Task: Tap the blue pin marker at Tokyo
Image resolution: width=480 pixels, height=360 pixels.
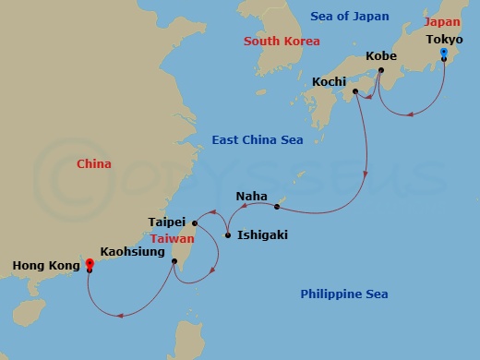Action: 443,54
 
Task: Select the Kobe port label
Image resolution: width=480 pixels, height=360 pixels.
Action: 381,55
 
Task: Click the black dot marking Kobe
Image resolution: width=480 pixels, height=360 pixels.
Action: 380,69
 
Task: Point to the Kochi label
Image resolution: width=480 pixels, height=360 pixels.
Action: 330,81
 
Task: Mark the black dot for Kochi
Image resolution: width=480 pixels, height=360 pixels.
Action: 354,92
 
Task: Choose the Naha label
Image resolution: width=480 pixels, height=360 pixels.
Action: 251,196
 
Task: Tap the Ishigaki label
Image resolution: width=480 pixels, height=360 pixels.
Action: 262,235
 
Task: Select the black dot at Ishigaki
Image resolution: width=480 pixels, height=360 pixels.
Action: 228,236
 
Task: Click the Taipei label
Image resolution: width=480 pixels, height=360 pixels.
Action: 167,222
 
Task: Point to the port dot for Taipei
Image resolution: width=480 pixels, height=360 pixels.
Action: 195,222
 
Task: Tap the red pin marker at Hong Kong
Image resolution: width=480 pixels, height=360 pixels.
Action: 90,265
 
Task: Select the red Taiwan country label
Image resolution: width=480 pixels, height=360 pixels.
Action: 172,237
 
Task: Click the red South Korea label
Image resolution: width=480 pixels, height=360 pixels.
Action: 282,42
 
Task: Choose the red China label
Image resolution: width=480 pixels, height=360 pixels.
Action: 93,164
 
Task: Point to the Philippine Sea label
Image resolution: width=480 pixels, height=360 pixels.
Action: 344,294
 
